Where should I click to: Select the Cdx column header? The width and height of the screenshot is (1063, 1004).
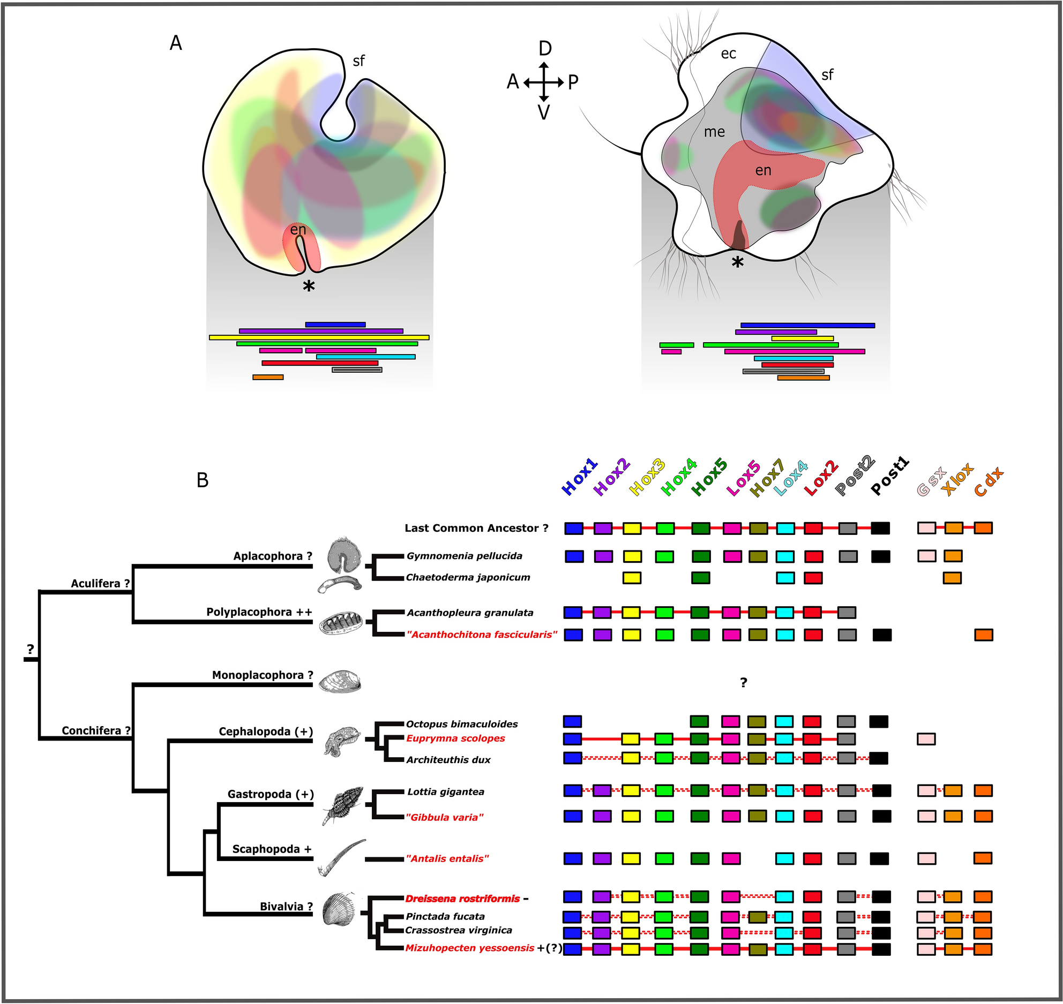click(989, 481)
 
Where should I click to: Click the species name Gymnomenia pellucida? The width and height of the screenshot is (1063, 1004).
click(464, 556)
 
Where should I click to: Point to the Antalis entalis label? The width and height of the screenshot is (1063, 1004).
click(447, 858)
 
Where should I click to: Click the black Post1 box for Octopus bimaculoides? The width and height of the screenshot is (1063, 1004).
click(879, 721)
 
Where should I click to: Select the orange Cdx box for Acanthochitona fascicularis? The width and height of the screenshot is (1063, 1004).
click(984, 635)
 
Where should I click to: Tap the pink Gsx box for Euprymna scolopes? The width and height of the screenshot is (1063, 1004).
click(926, 739)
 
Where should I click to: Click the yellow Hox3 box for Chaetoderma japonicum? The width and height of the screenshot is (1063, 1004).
click(632, 578)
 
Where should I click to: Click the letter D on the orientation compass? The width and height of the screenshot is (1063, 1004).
click(545, 49)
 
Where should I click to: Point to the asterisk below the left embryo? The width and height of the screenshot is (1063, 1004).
click(309, 287)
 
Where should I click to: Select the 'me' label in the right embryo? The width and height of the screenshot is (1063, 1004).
click(714, 132)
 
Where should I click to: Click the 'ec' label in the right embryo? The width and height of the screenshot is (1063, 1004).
click(728, 54)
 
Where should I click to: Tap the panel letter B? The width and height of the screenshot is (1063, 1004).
click(203, 480)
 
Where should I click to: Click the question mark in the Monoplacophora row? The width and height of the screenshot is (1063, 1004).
click(743, 683)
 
